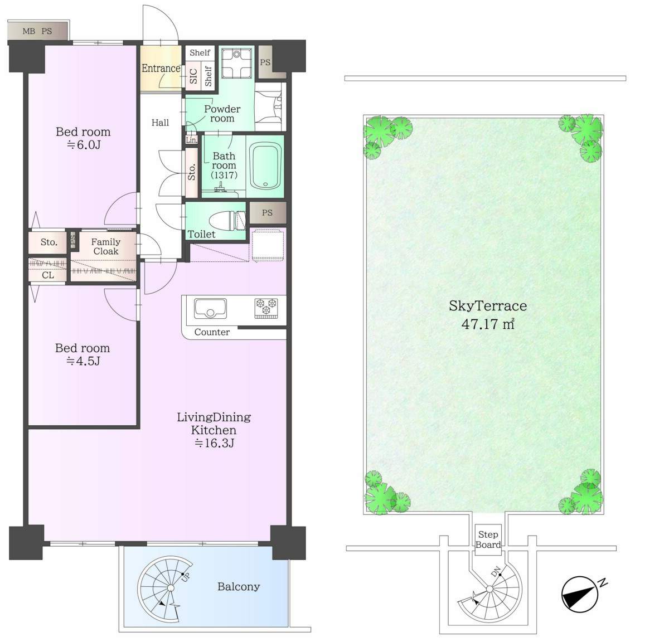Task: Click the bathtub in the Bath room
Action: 265,166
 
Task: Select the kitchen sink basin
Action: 210,308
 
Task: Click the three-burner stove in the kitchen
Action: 266,308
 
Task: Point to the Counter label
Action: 212,332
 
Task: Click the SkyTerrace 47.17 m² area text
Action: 488,315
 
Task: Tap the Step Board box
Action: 488,540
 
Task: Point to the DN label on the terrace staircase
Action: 496,571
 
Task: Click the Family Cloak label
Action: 106,246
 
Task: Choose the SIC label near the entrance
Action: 193,76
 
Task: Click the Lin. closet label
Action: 191,140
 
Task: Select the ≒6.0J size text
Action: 84,145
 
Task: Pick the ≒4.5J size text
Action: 83,361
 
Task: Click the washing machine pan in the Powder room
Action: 236,64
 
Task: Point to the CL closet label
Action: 48,275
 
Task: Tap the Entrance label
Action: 161,68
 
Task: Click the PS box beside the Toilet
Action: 268,213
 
